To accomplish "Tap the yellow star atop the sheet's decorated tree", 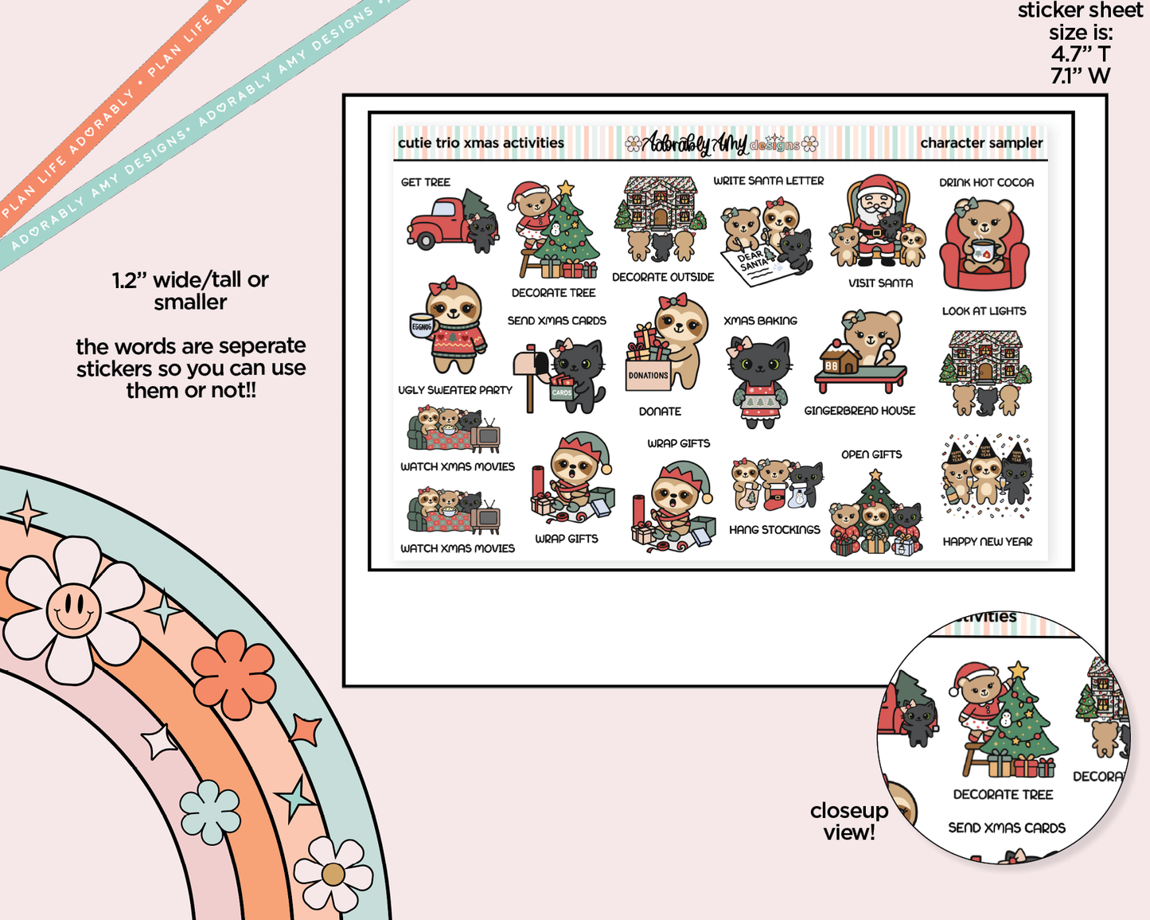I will point(566,189).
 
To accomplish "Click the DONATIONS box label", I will point(649,376).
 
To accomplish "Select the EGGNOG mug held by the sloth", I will point(421,326).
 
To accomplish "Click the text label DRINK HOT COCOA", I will point(986,182).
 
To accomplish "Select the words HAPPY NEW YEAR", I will point(987,541).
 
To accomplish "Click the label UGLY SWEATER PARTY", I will point(455,390).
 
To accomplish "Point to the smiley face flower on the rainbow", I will point(73,610).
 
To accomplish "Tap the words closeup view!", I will point(848,821).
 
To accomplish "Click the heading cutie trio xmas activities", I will point(481,143).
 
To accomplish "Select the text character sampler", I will point(980,143).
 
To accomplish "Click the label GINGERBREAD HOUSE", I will point(860,411).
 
